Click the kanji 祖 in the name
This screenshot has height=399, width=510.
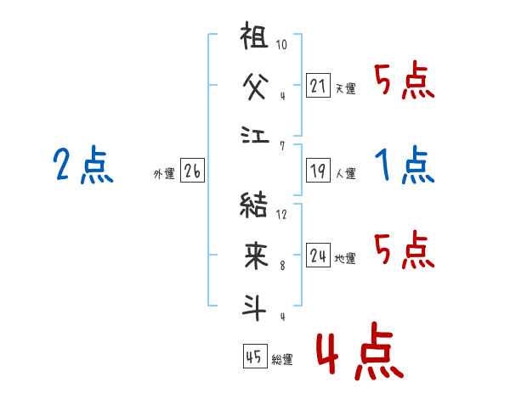click(x=254, y=35)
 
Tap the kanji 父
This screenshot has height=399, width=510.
click(x=256, y=86)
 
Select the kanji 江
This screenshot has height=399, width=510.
click(x=255, y=135)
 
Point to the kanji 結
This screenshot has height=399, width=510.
click(x=253, y=205)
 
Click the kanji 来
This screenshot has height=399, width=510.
click(x=256, y=256)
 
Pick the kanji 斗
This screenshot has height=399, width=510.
click(x=254, y=307)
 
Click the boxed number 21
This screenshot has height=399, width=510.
click(x=318, y=85)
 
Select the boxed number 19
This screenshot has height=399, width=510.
click(x=318, y=171)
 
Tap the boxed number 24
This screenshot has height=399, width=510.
click(x=318, y=255)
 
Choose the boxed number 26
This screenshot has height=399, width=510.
click(x=192, y=171)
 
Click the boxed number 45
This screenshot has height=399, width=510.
click(x=255, y=356)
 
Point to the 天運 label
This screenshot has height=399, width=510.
click(x=346, y=88)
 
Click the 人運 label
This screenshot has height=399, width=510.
click(x=346, y=173)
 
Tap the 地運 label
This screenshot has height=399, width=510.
click(x=345, y=258)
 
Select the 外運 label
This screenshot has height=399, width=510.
click(x=164, y=174)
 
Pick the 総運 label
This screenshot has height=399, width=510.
click(x=282, y=360)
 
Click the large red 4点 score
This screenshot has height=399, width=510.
click(x=360, y=351)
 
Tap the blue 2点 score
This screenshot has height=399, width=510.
click(x=83, y=165)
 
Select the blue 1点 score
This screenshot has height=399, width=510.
click(x=405, y=165)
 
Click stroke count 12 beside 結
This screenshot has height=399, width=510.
click(x=281, y=215)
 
